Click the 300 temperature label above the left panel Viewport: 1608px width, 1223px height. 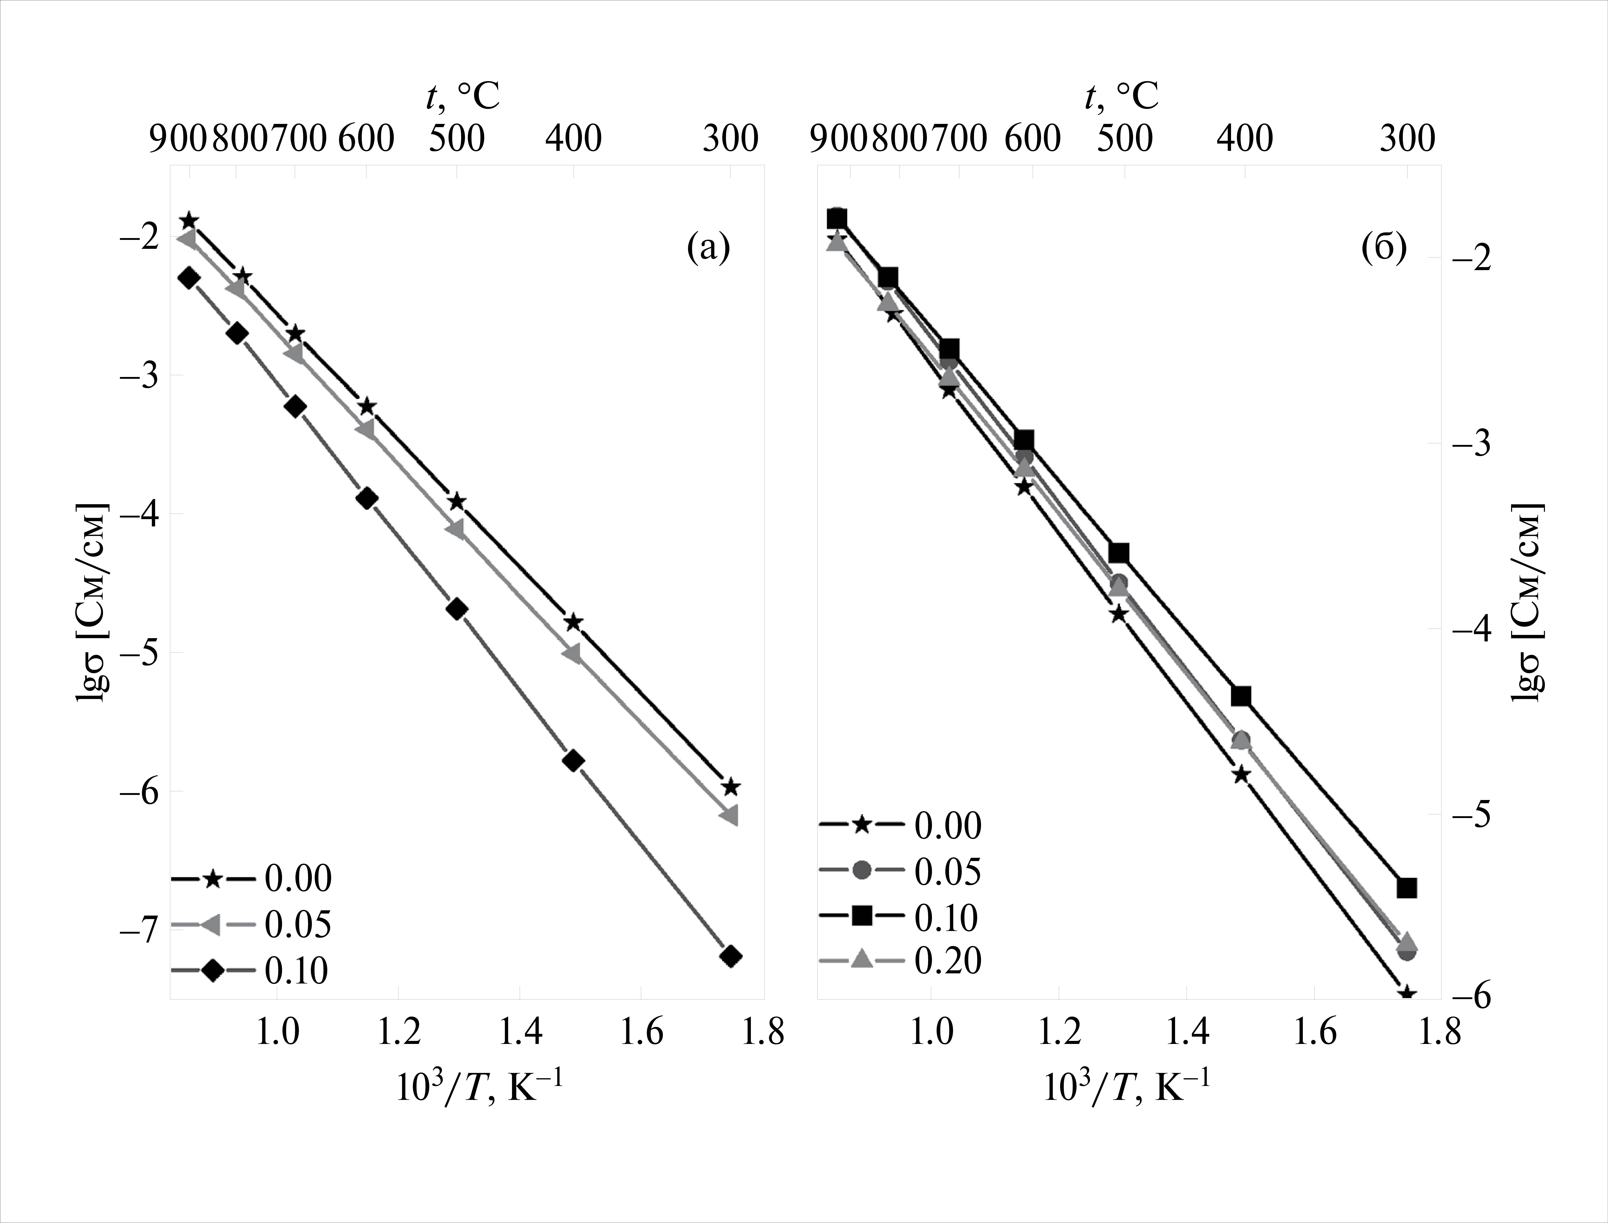730,138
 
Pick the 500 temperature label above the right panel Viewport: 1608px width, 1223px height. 1124,138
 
